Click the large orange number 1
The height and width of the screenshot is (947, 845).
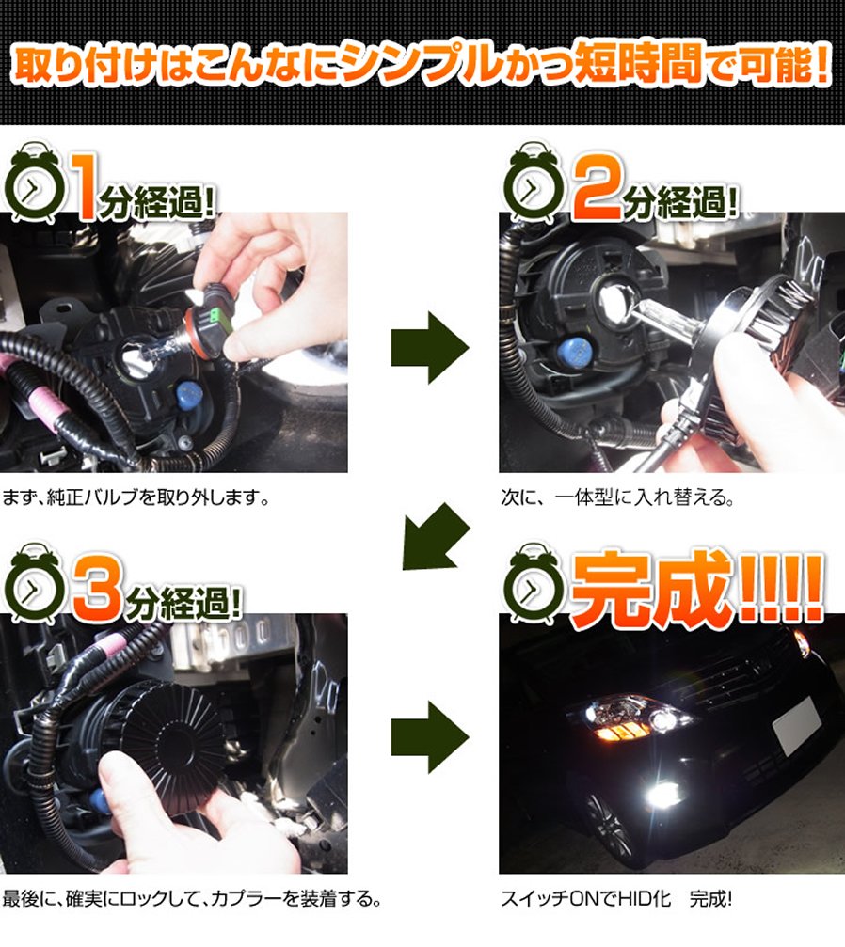[85, 187]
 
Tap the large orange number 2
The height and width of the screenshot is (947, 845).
[598, 186]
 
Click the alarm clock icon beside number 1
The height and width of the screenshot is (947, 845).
[34, 183]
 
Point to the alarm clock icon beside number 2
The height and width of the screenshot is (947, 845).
[534, 183]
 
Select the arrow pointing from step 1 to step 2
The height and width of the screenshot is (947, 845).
[430, 348]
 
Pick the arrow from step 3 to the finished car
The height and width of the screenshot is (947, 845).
[430, 737]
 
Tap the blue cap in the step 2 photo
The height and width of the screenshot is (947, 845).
[574, 350]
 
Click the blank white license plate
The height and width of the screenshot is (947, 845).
[797, 725]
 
